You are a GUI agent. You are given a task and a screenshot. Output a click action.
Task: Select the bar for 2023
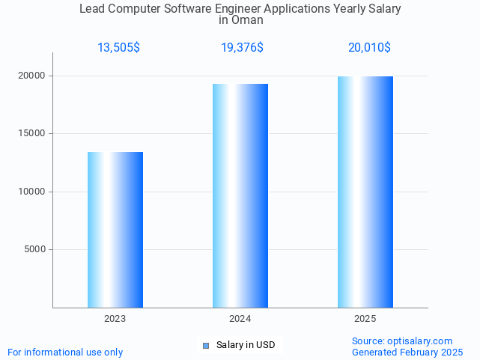tap(115, 230)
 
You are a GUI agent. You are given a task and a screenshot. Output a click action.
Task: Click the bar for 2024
tap(240, 195)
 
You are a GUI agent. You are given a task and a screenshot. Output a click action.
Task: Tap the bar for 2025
tap(365, 192)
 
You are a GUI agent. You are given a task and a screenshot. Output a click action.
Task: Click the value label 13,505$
tap(118, 48)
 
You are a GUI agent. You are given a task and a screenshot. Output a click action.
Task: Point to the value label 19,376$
tap(242, 48)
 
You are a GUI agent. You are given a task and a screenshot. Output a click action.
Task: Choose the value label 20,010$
tap(369, 48)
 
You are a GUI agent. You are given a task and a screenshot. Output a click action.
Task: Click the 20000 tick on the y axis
tap(32, 76)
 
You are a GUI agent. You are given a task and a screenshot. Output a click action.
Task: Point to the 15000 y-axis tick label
tap(32, 134)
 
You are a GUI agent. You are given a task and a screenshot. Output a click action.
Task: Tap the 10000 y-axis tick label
tap(32, 192)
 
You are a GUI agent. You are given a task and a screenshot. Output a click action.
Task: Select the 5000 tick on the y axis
tap(35, 250)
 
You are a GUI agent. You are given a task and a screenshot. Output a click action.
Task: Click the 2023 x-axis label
tap(115, 319)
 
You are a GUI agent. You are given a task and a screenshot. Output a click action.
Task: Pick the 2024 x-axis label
tap(240, 319)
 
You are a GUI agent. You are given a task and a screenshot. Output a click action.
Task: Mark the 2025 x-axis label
tap(365, 319)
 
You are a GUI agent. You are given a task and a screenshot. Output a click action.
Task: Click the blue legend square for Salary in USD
tap(207, 345)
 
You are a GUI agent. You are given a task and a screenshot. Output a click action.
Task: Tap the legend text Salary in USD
tap(246, 345)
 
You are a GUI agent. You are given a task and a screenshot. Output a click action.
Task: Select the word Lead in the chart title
tap(93, 9)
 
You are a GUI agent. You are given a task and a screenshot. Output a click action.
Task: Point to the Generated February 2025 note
tap(407, 352)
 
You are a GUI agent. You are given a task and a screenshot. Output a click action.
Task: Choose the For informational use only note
tap(65, 352)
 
